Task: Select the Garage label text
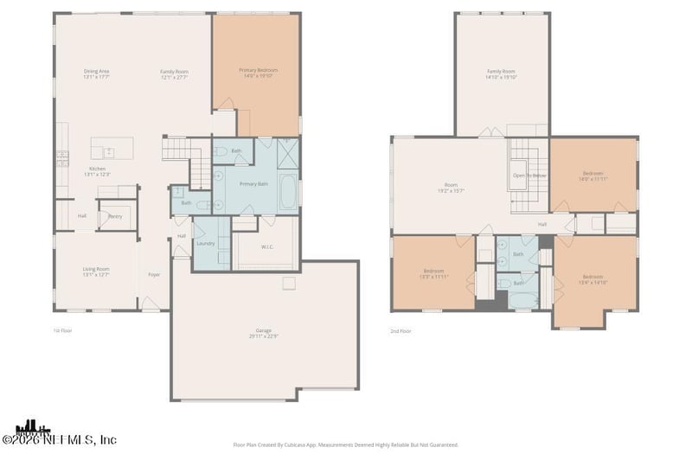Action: pyautogui.click(x=265, y=331)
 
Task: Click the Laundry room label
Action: pyautogui.click(x=206, y=243)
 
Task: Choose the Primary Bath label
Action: pyautogui.click(x=253, y=184)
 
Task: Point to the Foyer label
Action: pyautogui.click(x=154, y=275)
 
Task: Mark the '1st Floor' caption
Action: pyautogui.click(x=62, y=330)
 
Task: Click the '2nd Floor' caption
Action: pyautogui.click(x=400, y=330)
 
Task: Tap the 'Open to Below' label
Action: pyautogui.click(x=529, y=176)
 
